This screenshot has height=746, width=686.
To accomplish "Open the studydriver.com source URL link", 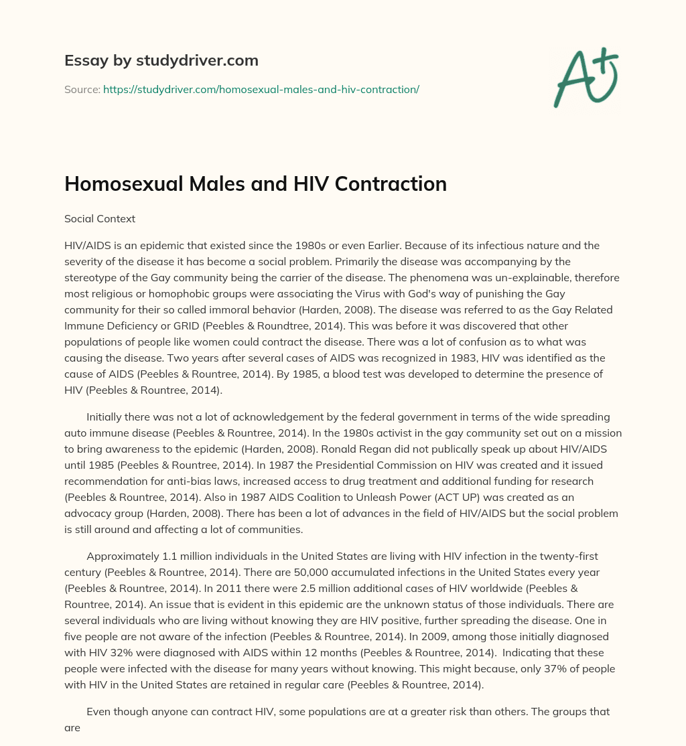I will tap(261, 89).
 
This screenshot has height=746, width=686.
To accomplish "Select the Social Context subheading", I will tap(100, 218).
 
